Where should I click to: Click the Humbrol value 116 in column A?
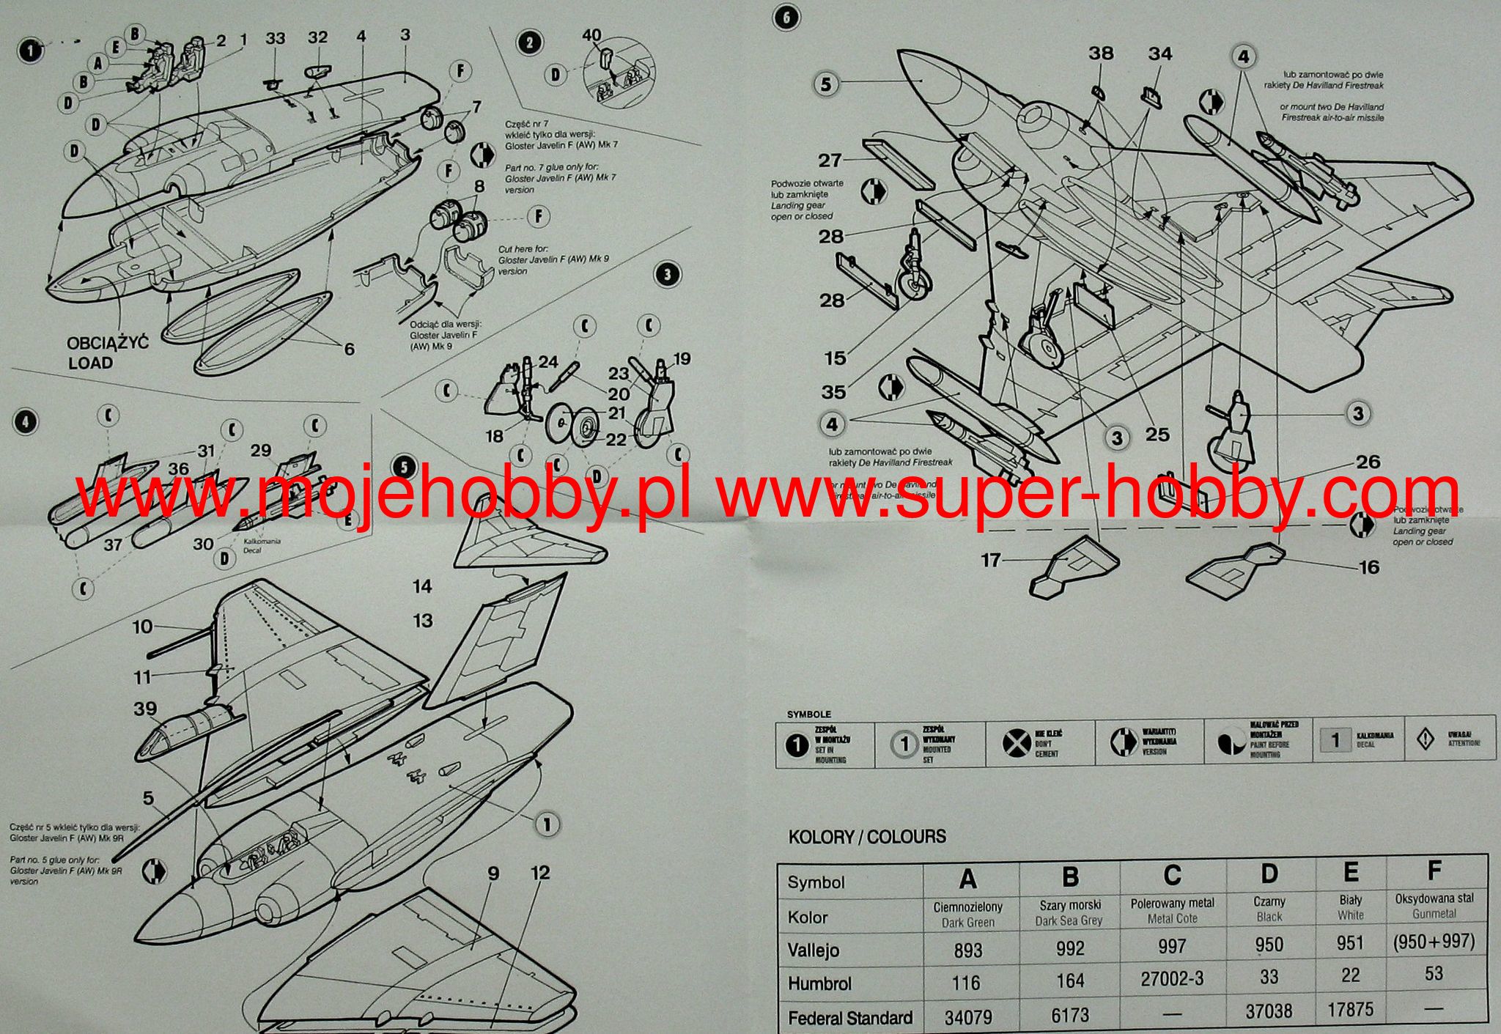[x=967, y=983]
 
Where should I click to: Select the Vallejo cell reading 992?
[x=1070, y=948]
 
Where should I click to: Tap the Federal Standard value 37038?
[x=1269, y=1011]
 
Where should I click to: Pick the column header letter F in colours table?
[x=1434, y=871]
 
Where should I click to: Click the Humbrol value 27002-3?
[x=1172, y=980]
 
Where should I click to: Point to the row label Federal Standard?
[x=849, y=1017]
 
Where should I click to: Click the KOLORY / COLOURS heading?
[x=867, y=836]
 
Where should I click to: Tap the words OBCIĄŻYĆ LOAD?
[x=107, y=352]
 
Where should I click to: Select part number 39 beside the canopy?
[x=145, y=709]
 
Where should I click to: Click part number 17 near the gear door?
[x=990, y=560]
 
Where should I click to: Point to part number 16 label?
[x=1368, y=566]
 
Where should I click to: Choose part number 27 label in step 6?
[x=830, y=160]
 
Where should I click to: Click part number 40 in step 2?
[x=591, y=35]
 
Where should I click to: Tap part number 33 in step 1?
[x=275, y=38]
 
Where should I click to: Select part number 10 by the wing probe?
[x=142, y=627]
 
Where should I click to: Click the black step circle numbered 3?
[x=666, y=275]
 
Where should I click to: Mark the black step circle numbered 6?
[x=786, y=18]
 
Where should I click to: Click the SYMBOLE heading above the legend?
[x=808, y=714]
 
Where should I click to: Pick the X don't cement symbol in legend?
[x=1016, y=744]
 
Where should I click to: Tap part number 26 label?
[x=1368, y=462]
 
